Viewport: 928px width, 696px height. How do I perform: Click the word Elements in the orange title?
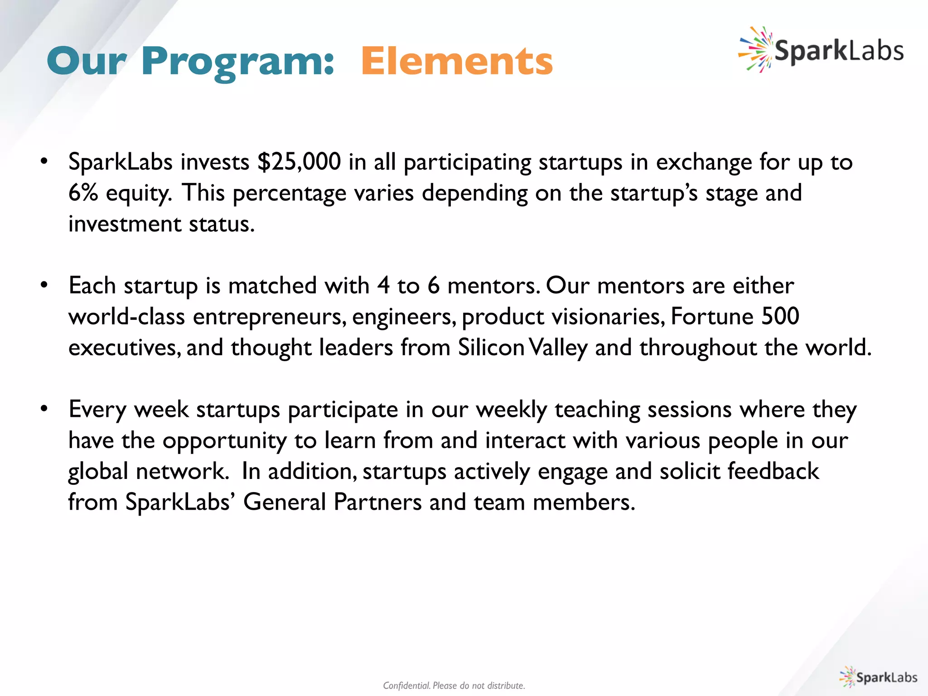click(x=457, y=62)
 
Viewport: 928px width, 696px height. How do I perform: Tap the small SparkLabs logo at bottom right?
click(x=878, y=677)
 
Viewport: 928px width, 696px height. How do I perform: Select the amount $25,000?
click(x=299, y=162)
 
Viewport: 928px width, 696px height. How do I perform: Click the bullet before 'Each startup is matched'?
click(x=44, y=285)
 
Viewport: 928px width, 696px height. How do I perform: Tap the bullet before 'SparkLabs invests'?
click(x=44, y=162)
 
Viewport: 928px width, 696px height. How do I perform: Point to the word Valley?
click(x=558, y=348)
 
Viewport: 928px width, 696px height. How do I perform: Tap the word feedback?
click(x=773, y=471)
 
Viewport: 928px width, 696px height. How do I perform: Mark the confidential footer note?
click(x=454, y=686)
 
